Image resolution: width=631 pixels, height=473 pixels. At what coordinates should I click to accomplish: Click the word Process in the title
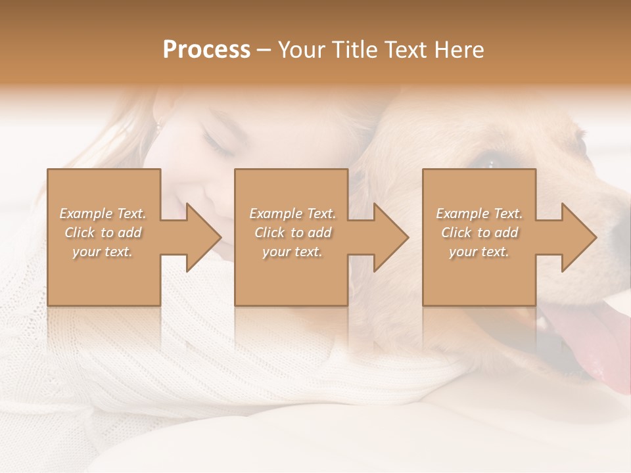[x=206, y=49]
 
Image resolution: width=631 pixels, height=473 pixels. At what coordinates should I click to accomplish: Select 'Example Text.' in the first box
[x=103, y=214]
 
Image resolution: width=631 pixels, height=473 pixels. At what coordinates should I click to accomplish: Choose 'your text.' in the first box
[x=103, y=252]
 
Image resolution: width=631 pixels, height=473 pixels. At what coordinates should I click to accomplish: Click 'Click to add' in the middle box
[x=292, y=233]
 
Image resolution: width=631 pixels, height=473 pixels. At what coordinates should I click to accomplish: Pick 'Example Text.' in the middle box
[x=292, y=214]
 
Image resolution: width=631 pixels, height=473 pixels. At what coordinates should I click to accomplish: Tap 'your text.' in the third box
[x=479, y=252]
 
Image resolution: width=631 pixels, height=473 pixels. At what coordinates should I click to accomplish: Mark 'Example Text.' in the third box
[x=479, y=214]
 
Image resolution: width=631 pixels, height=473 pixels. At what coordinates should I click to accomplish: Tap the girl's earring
[x=158, y=124]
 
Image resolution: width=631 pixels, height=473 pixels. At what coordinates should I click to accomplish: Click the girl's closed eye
[x=219, y=146]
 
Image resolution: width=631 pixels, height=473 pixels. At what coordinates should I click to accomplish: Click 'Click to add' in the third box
[x=479, y=233]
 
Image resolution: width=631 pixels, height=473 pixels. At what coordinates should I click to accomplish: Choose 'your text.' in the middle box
[x=292, y=252]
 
